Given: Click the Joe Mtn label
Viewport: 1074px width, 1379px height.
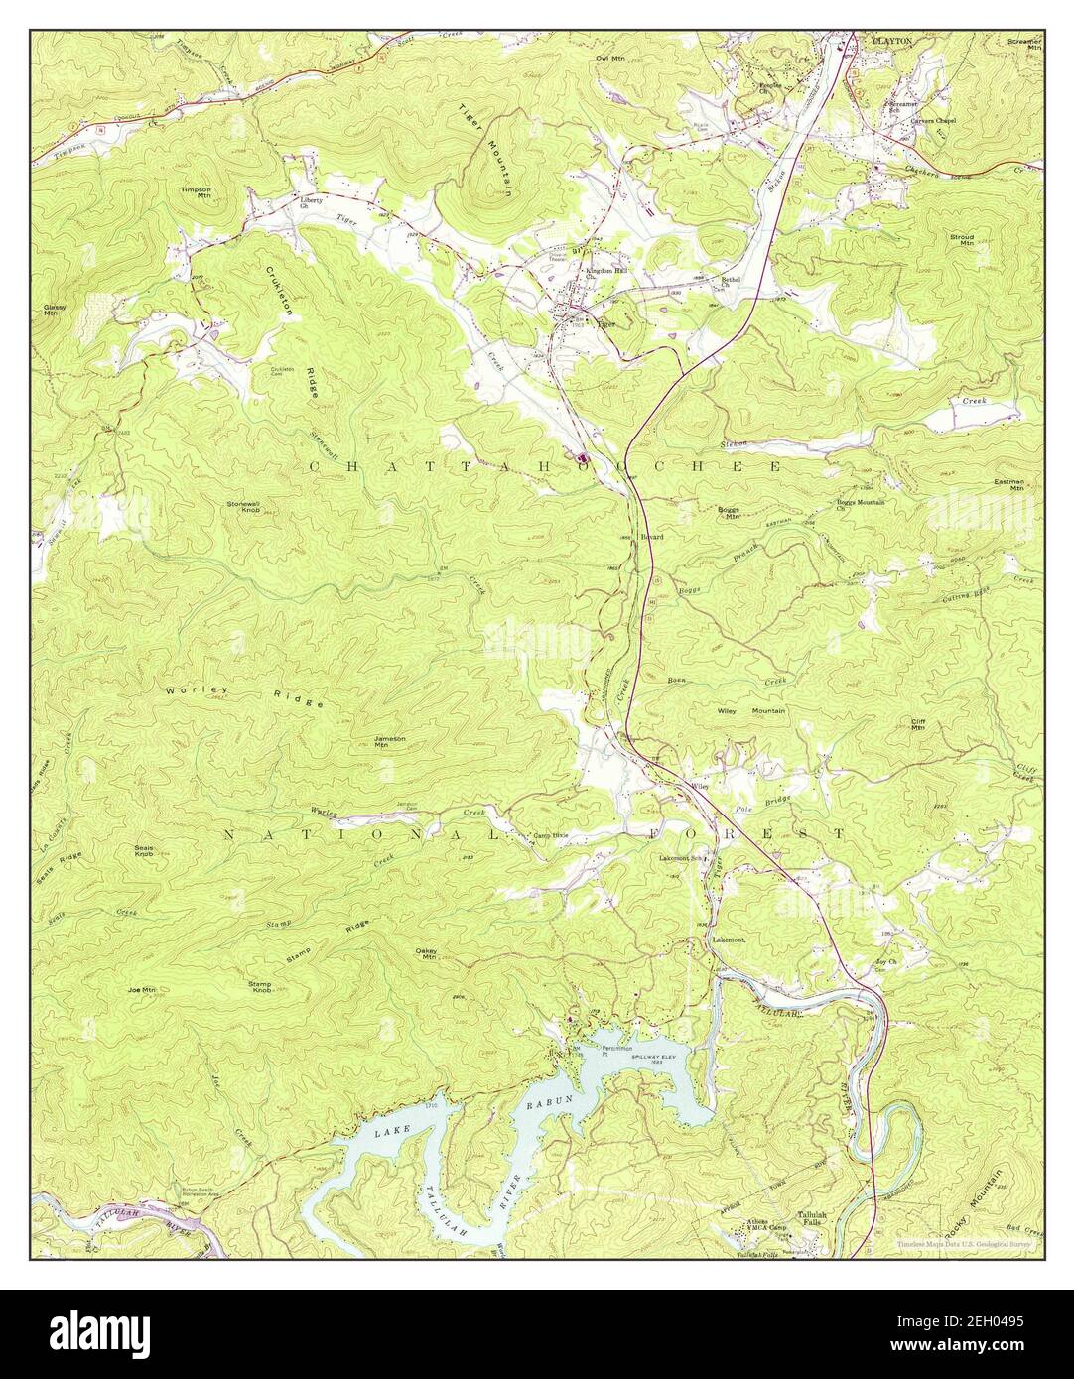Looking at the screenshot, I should pos(143,990).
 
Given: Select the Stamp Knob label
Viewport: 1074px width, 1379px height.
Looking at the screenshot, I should pos(262,986).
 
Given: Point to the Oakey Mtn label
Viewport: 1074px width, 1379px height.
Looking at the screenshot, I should pos(428,953).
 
